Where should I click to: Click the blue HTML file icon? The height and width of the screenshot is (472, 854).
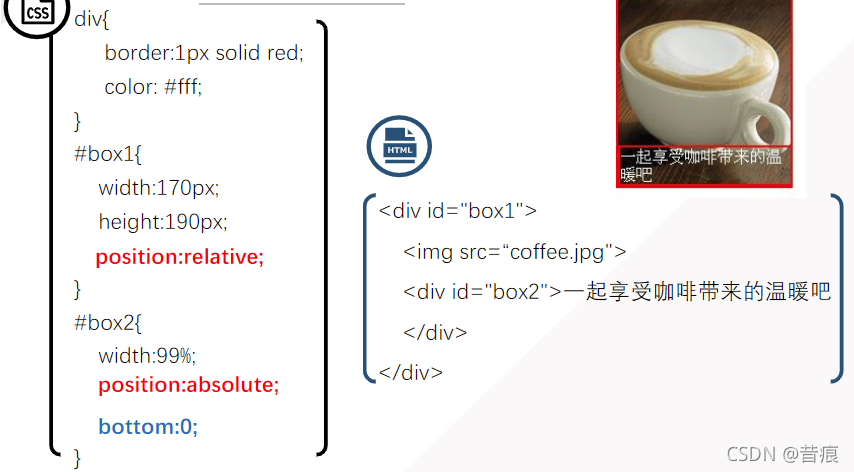point(398,146)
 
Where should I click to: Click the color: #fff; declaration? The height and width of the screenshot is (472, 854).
point(153,87)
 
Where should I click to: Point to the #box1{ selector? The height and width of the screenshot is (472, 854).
point(109,155)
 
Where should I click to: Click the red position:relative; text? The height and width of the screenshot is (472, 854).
point(180,257)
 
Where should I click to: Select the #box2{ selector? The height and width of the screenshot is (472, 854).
point(109,323)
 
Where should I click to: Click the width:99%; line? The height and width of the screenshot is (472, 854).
point(147,355)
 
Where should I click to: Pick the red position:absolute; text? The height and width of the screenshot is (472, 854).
point(189,385)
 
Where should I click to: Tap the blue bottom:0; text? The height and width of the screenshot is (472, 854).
point(148,427)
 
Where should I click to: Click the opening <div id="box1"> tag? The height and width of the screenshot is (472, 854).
point(458,211)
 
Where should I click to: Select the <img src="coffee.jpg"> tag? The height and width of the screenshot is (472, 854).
point(514,252)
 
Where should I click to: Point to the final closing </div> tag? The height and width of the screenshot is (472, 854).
point(410,372)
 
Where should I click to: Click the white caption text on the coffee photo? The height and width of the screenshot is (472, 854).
point(700,165)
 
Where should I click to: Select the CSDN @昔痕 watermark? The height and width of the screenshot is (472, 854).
point(783,454)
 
